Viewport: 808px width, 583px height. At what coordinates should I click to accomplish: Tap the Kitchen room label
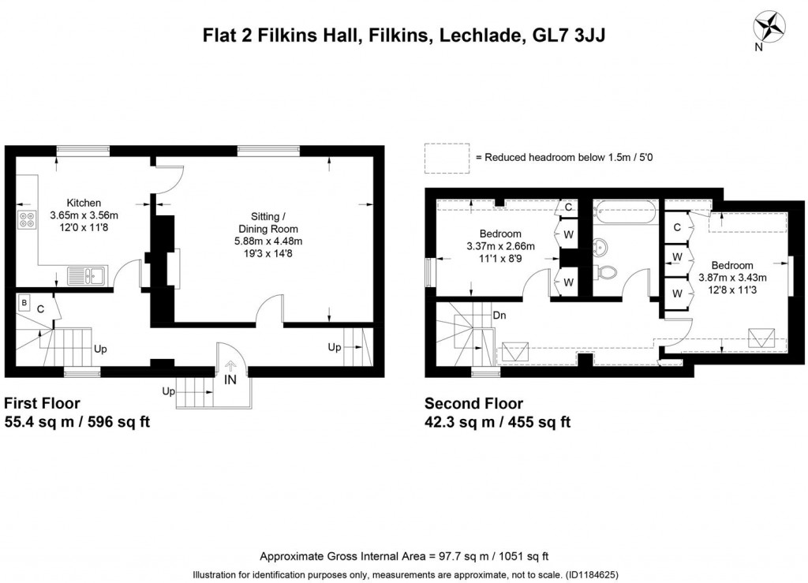click(x=84, y=203)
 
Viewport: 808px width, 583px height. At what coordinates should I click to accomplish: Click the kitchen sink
click(x=86, y=275)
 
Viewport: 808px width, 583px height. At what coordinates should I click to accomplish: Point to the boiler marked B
click(x=24, y=302)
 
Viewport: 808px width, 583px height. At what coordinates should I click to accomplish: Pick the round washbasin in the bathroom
click(x=601, y=247)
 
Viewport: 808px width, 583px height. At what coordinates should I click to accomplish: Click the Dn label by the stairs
click(x=499, y=315)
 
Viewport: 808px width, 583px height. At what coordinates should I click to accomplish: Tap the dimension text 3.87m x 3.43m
click(x=732, y=278)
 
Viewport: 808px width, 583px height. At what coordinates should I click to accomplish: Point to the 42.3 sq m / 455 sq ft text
click(x=497, y=422)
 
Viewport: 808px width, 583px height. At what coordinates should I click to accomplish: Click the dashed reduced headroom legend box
click(x=447, y=157)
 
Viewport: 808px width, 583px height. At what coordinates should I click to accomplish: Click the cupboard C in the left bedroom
click(x=567, y=207)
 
